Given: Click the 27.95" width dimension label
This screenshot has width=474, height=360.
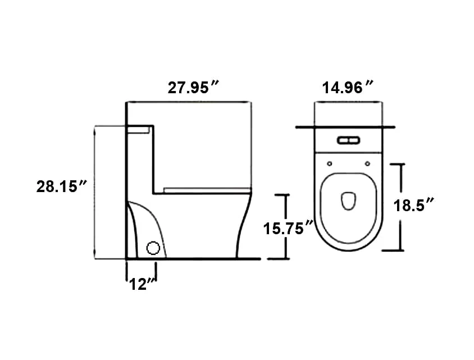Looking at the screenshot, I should click(x=193, y=88).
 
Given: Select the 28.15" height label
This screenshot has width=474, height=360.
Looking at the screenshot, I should click(x=61, y=187).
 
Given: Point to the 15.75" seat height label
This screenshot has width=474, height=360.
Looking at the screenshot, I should click(x=288, y=228).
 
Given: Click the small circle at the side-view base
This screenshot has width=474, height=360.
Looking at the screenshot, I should click(x=153, y=248).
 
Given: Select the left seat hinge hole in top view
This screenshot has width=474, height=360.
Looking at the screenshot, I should click(x=329, y=163).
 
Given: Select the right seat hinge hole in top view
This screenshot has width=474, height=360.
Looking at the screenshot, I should click(x=367, y=163).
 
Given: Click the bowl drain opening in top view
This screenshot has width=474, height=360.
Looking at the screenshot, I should click(x=348, y=200).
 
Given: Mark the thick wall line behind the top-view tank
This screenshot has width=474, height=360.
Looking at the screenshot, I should click(x=344, y=128).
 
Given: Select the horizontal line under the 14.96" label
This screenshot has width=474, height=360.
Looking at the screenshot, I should click(x=348, y=102).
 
